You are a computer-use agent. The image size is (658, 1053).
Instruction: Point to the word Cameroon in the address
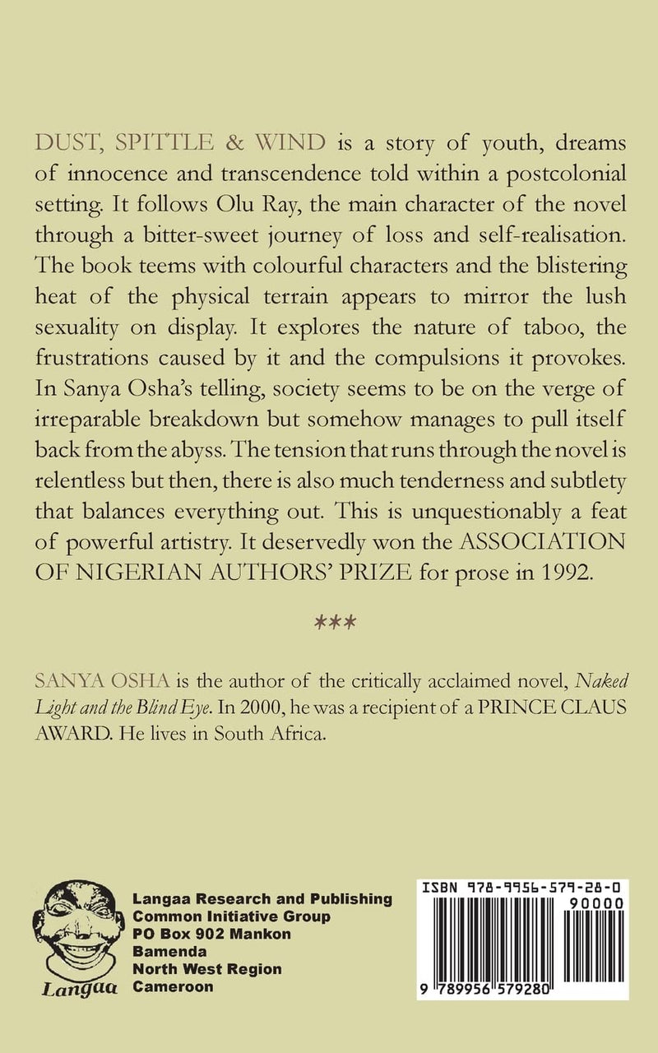pyautogui.click(x=169, y=986)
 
